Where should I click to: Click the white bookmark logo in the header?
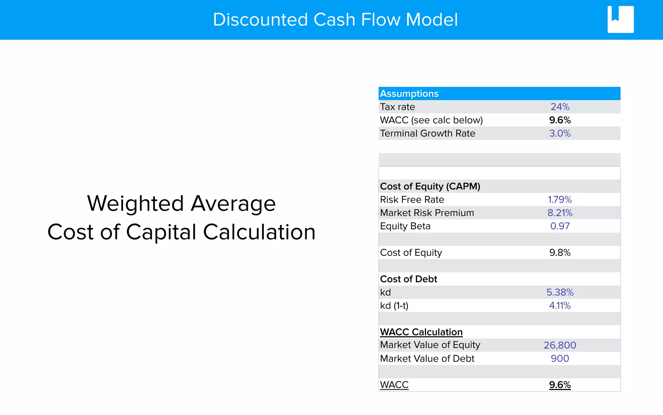click(620, 19)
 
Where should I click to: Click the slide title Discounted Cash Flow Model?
click(335, 19)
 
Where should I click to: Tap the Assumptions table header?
click(409, 94)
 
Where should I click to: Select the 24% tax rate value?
click(560, 107)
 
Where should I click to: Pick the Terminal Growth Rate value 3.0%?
click(560, 133)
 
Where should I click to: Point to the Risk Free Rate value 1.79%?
click(560, 200)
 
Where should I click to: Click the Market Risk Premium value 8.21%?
click(560, 213)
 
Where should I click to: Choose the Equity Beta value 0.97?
click(560, 226)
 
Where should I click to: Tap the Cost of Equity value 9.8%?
click(560, 253)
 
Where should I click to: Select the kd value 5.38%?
click(560, 292)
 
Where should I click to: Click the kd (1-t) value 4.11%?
click(560, 305)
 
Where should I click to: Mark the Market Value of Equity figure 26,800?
click(560, 345)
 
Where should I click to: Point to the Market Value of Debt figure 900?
click(560, 359)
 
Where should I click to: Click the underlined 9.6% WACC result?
click(560, 385)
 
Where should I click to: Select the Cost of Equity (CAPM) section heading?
click(430, 186)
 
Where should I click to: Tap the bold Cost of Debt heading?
click(409, 279)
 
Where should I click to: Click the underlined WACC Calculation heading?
click(421, 332)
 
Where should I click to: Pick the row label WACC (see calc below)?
click(431, 120)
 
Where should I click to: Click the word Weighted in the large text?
click(135, 204)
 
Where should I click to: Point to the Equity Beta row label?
click(405, 226)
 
